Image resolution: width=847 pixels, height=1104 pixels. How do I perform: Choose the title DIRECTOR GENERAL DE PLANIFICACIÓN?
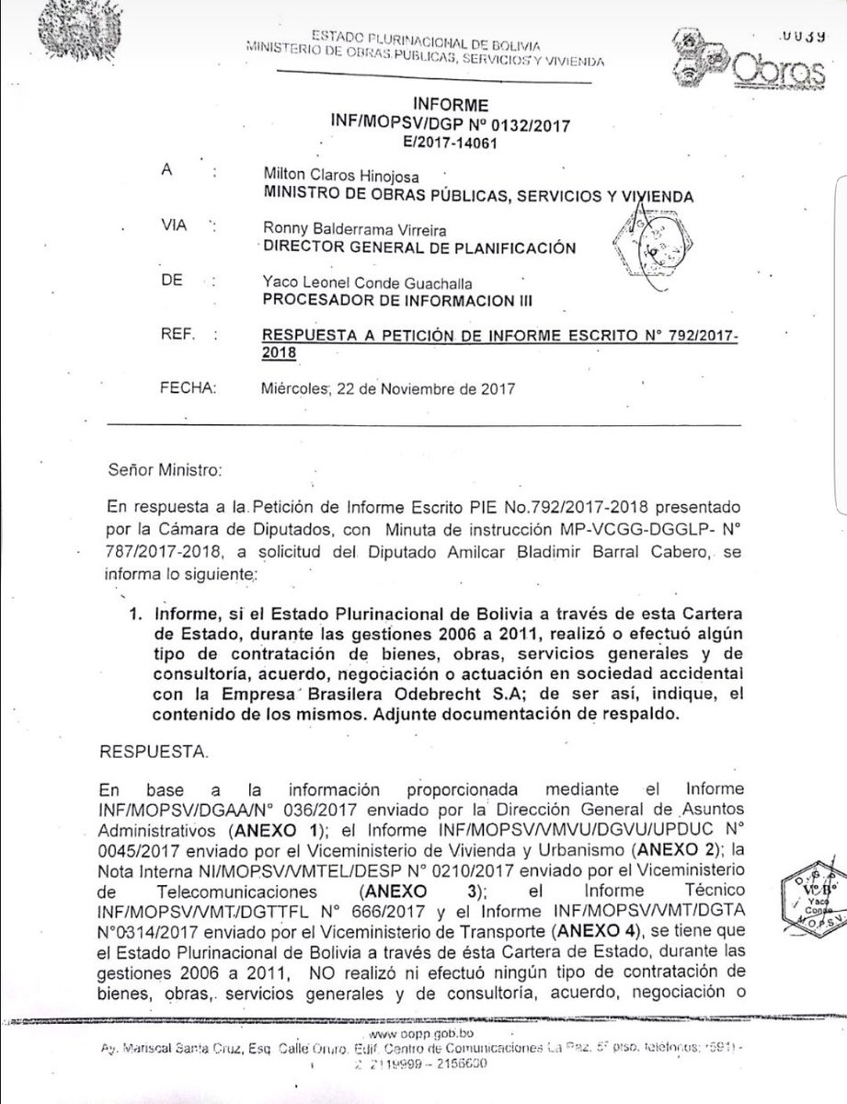coord(418,247)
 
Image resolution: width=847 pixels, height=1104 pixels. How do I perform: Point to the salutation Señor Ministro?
coord(166,470)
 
